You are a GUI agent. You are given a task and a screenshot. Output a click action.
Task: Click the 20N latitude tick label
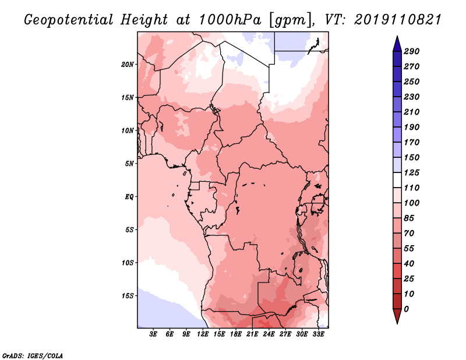click(128, 64)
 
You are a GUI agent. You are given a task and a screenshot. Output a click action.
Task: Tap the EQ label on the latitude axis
click(129, 196)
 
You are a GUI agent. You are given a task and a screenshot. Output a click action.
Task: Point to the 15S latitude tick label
click(128, 295)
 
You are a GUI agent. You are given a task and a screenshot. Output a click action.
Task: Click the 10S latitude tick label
click(128, 262)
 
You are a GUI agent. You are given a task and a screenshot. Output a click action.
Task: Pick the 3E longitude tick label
click(154, 335)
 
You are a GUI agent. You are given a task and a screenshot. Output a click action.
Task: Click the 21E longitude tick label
click(252, 335)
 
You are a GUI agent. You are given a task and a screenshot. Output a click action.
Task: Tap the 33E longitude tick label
click(318, 335)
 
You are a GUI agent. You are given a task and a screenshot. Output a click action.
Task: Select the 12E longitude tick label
click(203, 335)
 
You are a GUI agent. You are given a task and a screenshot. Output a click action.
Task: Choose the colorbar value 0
click(414, 309)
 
